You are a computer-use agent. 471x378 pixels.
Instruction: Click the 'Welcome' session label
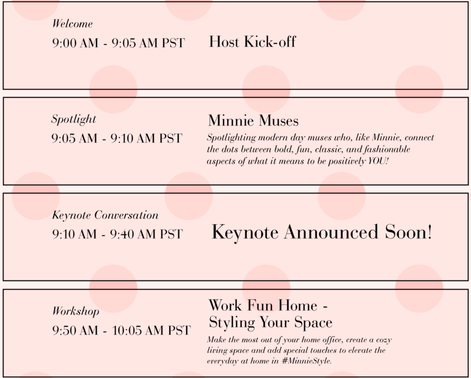tap(73, 24)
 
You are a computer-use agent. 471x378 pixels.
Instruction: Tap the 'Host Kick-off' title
tap(252, 41)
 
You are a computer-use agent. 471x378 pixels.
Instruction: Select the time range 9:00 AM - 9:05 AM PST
tap(118, 43)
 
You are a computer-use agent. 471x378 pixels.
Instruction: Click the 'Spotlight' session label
tap(74, 119)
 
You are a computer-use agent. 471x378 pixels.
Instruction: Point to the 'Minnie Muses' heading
tap(253, 120)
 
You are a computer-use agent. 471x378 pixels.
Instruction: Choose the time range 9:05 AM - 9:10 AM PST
tap(117, 138)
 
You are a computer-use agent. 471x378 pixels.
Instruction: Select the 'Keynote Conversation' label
tap(105, 215)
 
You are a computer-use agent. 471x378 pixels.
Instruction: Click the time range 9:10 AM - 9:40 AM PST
tap(118, 234)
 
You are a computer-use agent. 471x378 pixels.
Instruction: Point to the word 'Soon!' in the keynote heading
tap(409, 232)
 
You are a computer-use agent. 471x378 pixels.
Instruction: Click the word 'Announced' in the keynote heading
tap(331, 232)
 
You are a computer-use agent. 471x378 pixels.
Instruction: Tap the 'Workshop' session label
tap(75, 311)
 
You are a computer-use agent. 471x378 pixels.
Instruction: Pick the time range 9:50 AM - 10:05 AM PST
tap(121, 330)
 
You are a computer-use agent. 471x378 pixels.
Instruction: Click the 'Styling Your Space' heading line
tap(270, 322)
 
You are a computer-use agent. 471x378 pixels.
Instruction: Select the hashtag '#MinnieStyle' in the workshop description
tap(307, 360)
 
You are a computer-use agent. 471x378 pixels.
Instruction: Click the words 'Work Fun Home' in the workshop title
tap(263, 306)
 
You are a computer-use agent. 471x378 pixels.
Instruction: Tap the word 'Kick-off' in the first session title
tap(270, 41)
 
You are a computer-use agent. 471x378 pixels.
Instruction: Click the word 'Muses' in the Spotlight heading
tap(279, 120)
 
